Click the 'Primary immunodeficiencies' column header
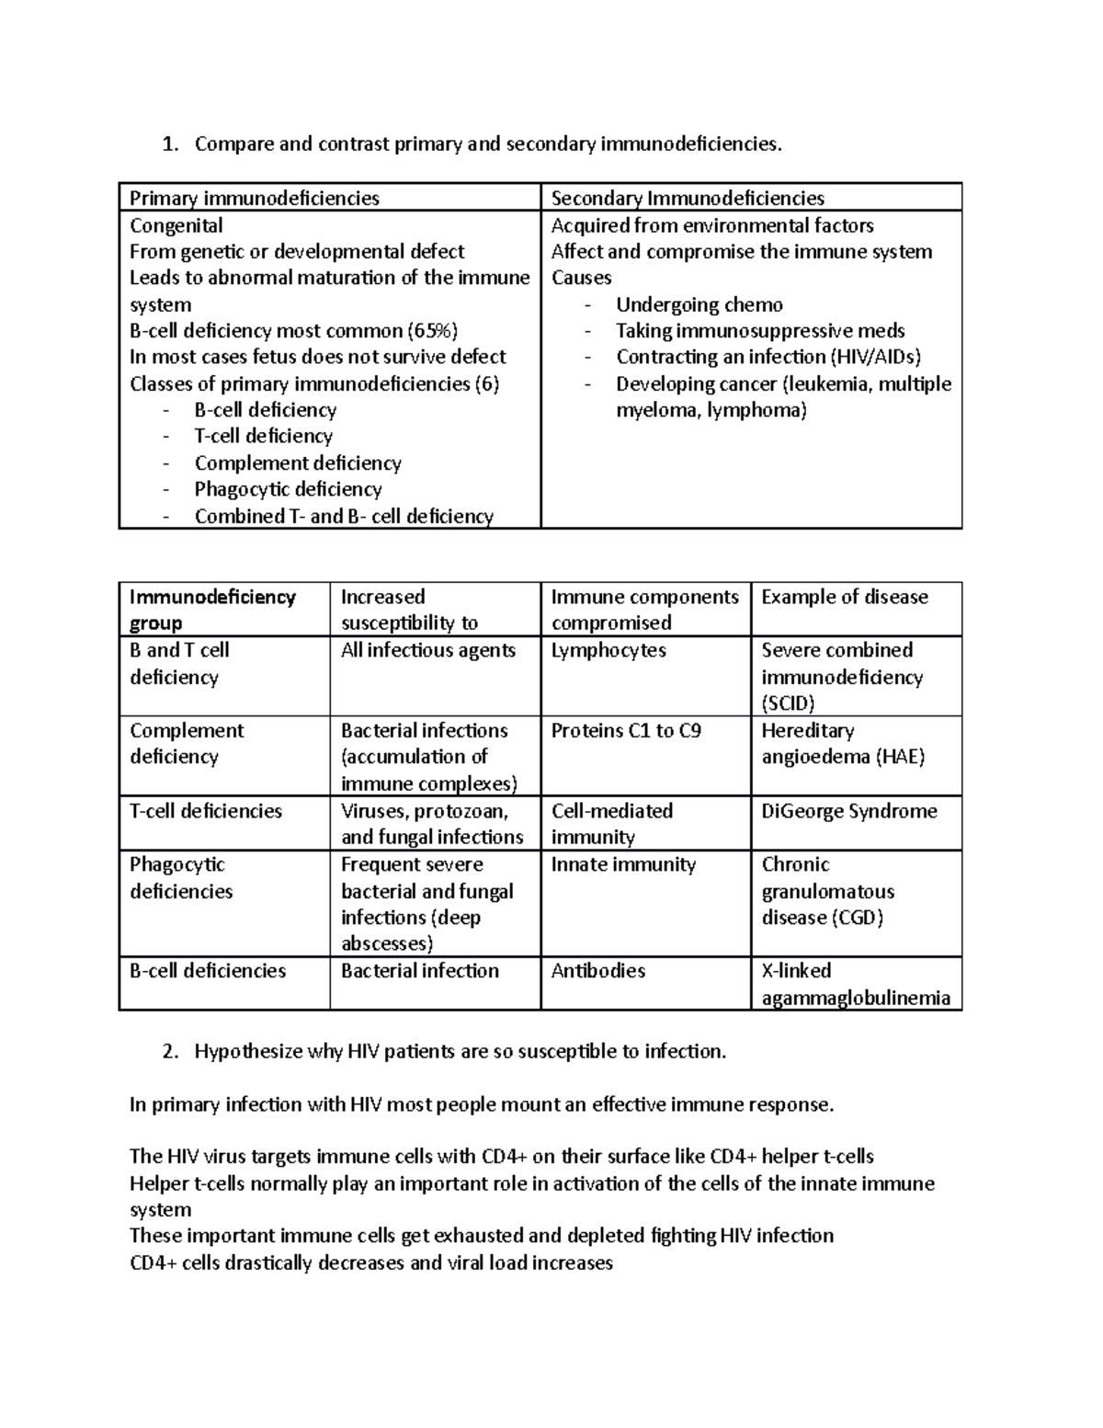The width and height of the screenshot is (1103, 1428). pyautogui.click(x=255, y=199)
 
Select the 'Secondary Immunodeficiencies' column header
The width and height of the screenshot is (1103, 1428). pyautogui.click(x=688, y=199)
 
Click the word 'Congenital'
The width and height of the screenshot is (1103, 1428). pyautogui.click(x=176, y=225)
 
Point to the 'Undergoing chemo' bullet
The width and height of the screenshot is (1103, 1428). pyautogui.click(x=699, y=305)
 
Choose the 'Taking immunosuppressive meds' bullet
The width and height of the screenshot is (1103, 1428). pyautogui.click(x=760, y=331)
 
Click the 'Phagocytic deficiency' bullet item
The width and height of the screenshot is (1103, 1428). pyautogui.click(x=288, y=489)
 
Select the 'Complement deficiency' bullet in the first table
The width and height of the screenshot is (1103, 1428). pyautogui.click(x=298, y=463)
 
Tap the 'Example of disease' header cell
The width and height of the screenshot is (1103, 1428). pyautogui.click(x=845, y=597)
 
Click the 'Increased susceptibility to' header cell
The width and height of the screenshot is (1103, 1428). pyautogui.click(x=409, y=610)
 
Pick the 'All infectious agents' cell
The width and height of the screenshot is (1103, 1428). pyautogui.click(x=427, y=650)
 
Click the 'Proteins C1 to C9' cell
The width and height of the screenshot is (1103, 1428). pyautogui.click(x=626, y=731)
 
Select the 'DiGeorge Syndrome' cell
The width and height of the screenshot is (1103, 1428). pyautogui.click(x=849, y=811)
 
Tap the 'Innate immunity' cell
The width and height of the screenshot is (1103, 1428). pyautogui.click(x=623, y=864)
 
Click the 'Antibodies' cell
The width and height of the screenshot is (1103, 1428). pyautogui.click(x=598, y=971)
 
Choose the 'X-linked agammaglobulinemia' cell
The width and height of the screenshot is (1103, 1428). pyautogui.click(x=856, y=985)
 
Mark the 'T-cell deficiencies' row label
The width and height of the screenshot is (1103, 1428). pyautogui.click(x=206, y=811)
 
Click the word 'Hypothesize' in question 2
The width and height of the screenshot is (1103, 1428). pyautogui.click(x=248, y=1052)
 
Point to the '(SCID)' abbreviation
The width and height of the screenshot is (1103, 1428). pyautogui.click(x=789, y=703)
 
